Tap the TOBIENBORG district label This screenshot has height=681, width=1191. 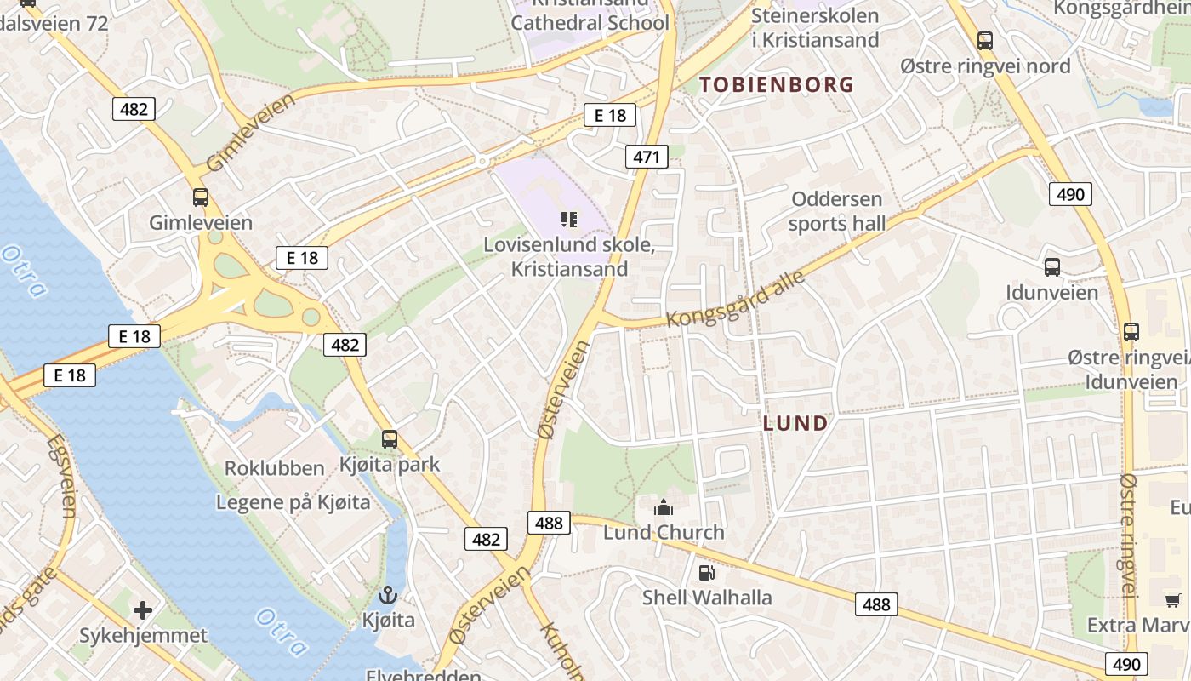pyautogui.click(x=776, y=84)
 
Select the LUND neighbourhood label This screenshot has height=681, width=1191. pyautogui.click(x=795, y=423)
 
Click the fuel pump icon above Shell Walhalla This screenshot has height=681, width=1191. pyautogui.click(x=705, y=573)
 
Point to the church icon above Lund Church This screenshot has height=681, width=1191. pyautogui.click(x=664, y=508)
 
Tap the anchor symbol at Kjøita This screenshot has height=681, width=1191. pyautogui.click(x=389, y=595)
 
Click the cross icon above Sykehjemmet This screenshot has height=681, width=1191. pyautogui.click(x=143, y=609)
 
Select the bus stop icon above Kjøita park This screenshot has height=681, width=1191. pyautogui.click(x=390, y=439)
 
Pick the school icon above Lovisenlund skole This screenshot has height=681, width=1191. pyautogui.click(x=569, y=220)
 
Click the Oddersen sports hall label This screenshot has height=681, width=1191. pyautogui.click(x=837, y=211)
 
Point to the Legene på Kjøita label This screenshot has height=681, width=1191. pyautogui.click(x=293, y=502)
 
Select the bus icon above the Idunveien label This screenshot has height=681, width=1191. pyautogui.click(x=1052, y=267)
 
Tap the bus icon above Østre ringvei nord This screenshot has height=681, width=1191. pyautogui.click(x=985, y=40)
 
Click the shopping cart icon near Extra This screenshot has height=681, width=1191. pyautogui.click(x=1173, y=600)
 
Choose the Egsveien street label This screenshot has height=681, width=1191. pyautogui.click(x=63, y=476)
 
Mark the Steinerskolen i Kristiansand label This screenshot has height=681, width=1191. pyautogui.click(x=815, y=28)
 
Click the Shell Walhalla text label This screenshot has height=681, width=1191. pyautogui.click(x=707, y=598)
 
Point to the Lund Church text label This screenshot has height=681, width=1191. pyautogui.click(x=664, y=533)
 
